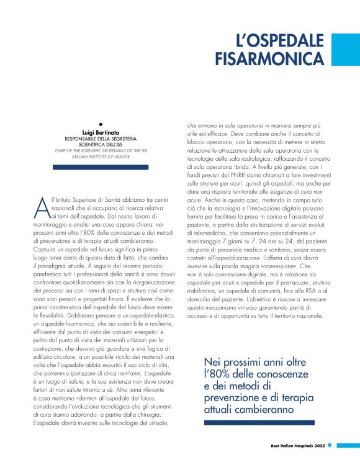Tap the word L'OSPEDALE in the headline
coord(281,41)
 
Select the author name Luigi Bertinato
coord(101,133)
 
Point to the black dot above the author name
coord(101,125)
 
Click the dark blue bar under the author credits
coord(101,167)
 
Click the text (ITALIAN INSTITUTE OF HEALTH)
coord(101,156)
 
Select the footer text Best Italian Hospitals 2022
coord(297,445)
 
